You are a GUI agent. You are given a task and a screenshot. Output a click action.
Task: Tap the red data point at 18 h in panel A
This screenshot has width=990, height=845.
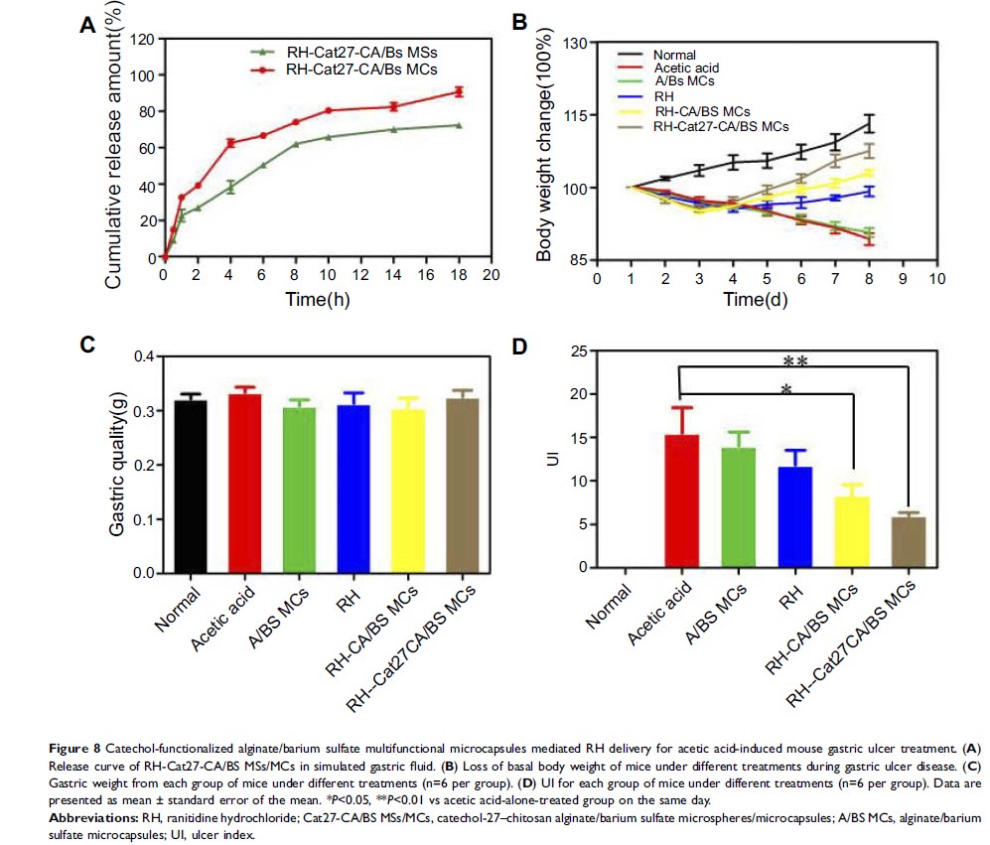coord(459,91)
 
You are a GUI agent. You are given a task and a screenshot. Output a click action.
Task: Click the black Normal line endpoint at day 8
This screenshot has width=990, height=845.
coord(870,123)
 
